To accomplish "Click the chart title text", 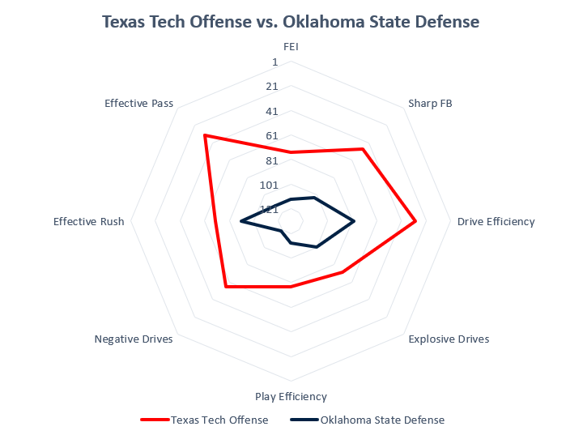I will pos(291,22).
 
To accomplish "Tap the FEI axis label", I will pos(291,47).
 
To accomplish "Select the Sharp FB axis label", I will pos(430,103).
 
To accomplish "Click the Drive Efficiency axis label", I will pos(496,221).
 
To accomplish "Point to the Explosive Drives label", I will pos(449,339).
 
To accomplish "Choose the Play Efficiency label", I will pos(291,396).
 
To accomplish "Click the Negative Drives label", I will pos(134,339).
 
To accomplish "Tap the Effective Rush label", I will pos(89,221).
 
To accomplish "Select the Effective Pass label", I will pos(138,103).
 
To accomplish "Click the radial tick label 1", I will pos(274,62).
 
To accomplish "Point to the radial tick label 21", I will pos(271,86).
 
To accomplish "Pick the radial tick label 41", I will pos(271,111).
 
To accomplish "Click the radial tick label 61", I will pos(271,135).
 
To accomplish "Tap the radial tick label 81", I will pos(271,160).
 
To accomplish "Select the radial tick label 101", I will pos(269,185).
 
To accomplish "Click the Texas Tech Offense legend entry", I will pos(204,420).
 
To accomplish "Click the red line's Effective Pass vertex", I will pos(205,135).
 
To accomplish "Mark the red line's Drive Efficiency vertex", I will pos(415,221).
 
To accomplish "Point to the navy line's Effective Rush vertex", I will pos(240,221).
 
